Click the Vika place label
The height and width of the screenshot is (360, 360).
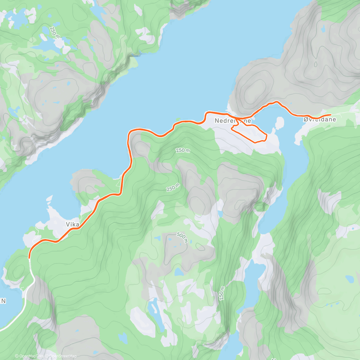pos(73,224)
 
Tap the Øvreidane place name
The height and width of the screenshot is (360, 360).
pos(319,119)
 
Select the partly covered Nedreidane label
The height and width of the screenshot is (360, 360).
pos(233,121)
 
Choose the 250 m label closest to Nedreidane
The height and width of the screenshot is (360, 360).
pos(183,150)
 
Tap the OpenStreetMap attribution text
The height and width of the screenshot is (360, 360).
pos(63,356)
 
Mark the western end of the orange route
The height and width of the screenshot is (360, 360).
pos(29,257)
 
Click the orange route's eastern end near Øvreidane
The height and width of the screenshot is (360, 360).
pos(330,115)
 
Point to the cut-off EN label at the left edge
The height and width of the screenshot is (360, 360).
pos(3,301)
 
